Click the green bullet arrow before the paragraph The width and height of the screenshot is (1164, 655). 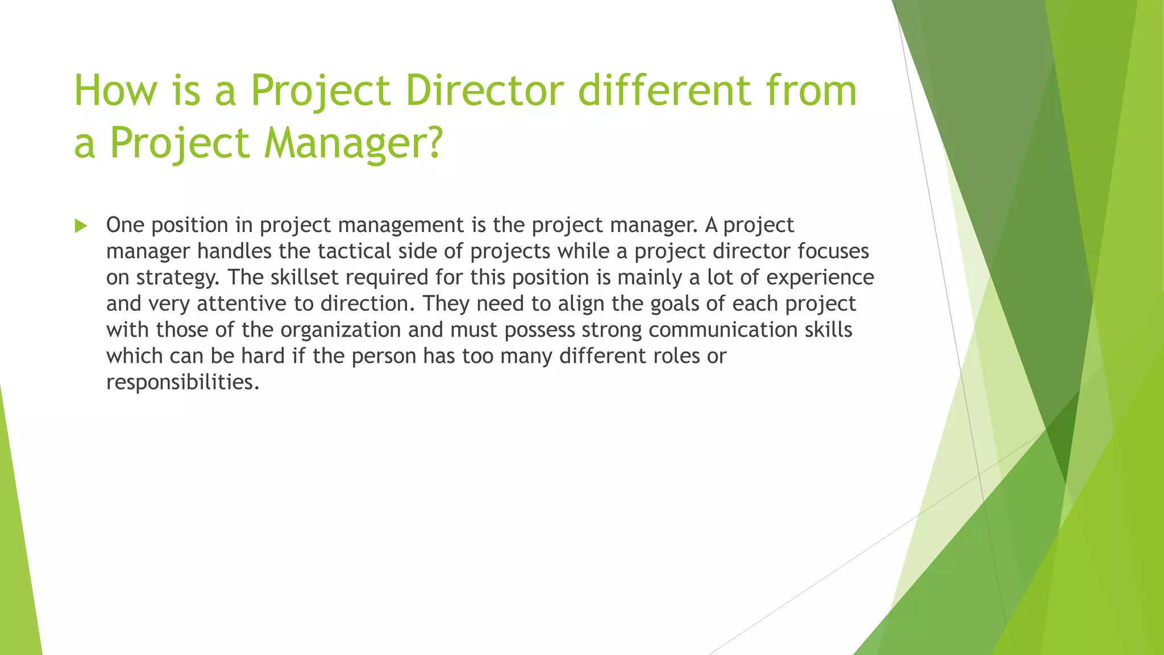point(81,226)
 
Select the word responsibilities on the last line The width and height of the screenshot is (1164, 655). point(182,382)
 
